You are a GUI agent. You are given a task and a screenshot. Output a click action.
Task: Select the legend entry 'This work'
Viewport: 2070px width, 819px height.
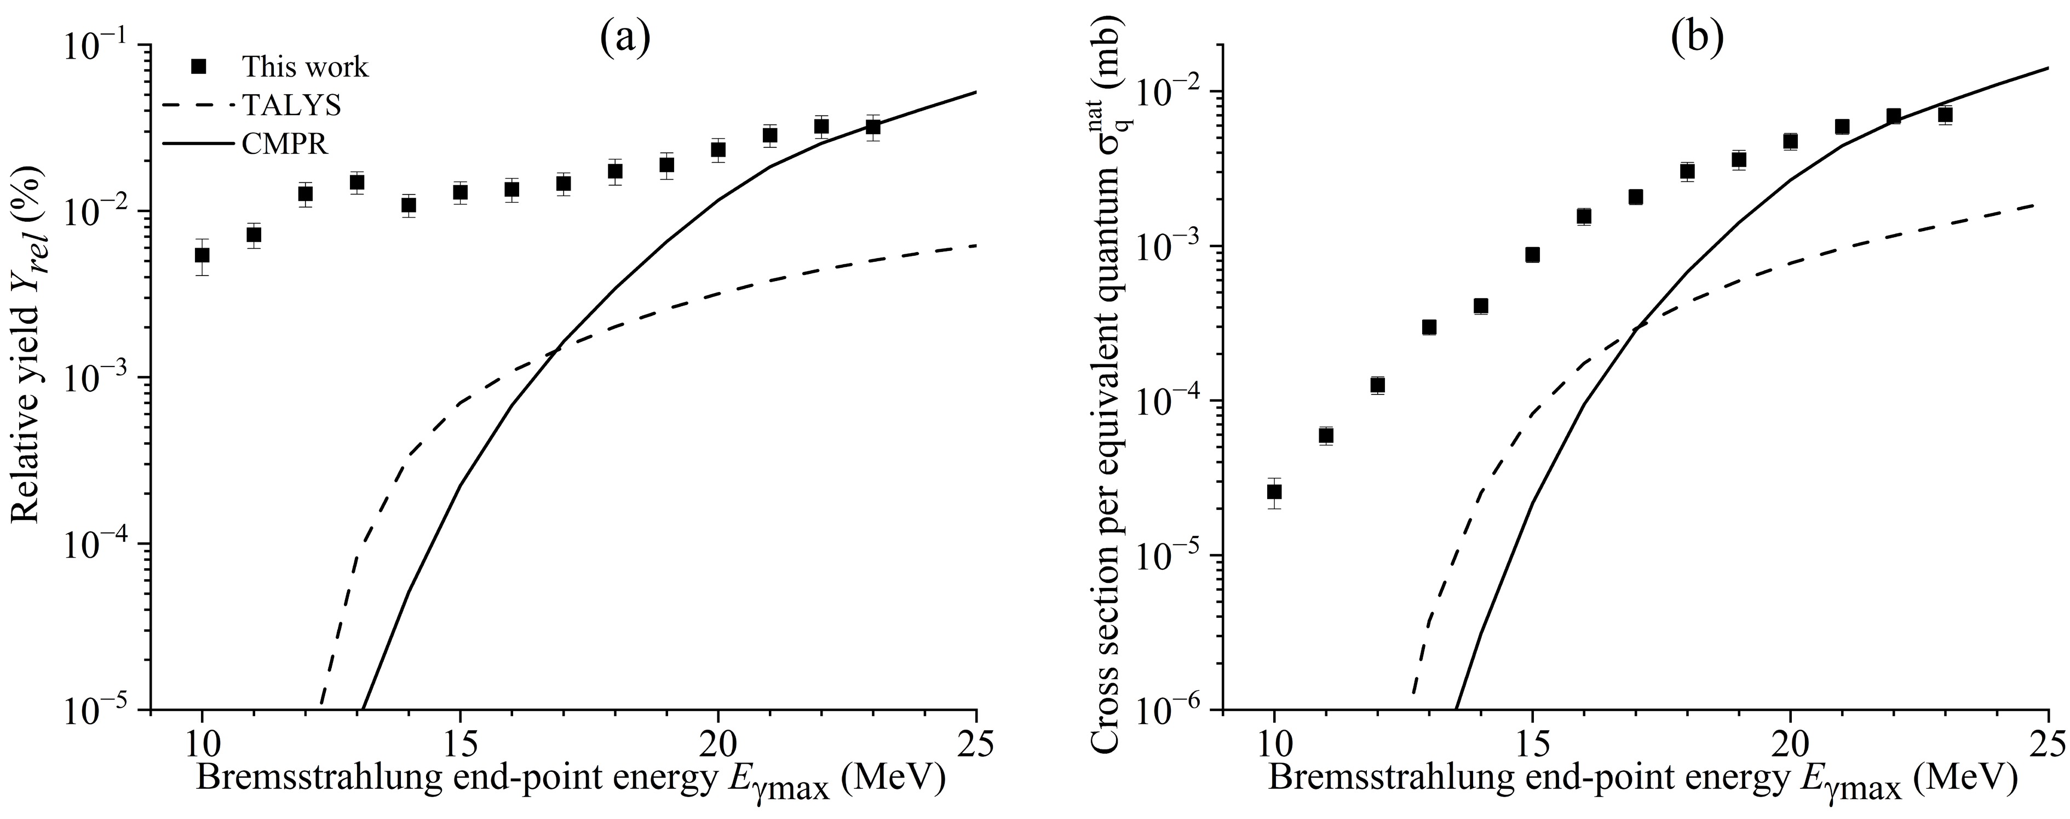pyautogui.click(x=306, y=67)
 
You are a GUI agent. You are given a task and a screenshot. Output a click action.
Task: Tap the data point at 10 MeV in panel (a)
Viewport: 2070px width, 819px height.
pyautogui.click(x=203, y=255)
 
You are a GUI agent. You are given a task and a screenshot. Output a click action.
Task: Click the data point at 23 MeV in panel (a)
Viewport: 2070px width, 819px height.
pyautogui.click(x=873, y=127)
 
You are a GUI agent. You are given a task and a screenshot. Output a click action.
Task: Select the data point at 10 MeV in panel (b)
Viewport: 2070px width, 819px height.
pyautogui.click(x=1274, y=491)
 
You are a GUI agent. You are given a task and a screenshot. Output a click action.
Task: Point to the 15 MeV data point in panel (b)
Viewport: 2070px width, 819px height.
pyautogui.click(x=1532, y=255)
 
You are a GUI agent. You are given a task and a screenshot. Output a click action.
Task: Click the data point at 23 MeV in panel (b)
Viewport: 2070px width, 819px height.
pyautogui.click(x=1945, y=115)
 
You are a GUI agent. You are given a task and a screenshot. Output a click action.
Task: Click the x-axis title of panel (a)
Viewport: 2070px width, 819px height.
pyautogui.click(x=571, y=781)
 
